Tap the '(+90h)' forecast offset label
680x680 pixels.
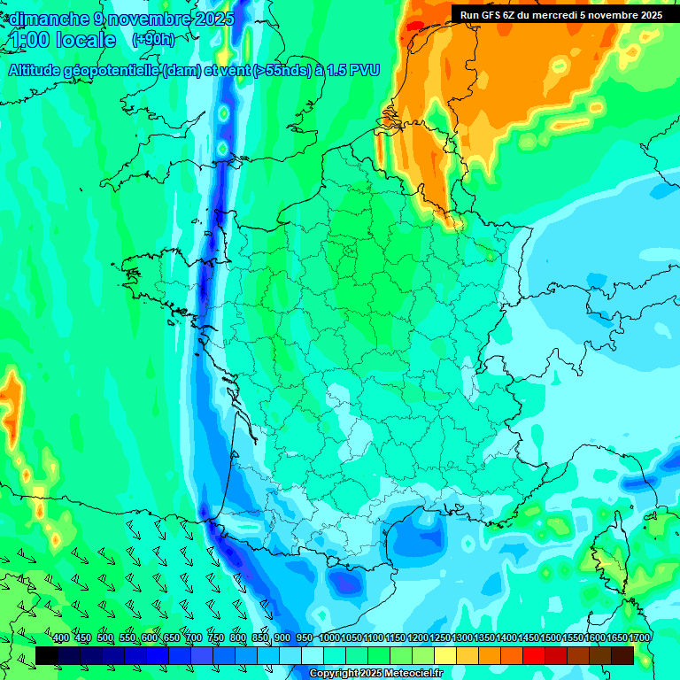[153, 40]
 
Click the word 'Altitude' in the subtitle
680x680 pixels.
[40, 71]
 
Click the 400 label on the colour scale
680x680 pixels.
[61, 638]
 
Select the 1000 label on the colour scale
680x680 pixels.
[328, 638]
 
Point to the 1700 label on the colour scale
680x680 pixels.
[638, 638]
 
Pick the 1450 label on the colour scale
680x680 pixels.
[528, 638]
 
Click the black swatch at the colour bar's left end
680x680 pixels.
[47, 656]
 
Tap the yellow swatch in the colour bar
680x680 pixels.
[445, 656]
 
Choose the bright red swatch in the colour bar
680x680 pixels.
[534, 656]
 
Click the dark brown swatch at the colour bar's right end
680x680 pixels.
[622, 656]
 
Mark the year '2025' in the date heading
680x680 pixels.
[212, 19]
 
